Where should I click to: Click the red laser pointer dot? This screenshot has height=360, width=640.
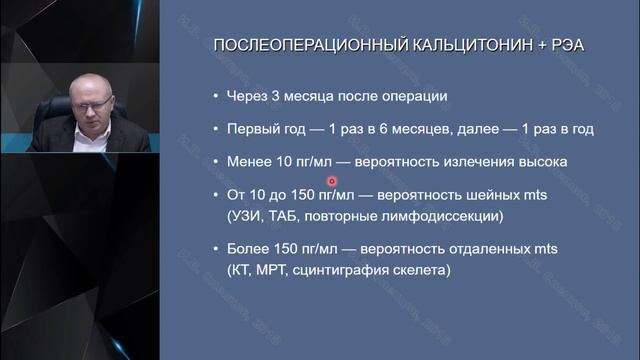coord(330,181)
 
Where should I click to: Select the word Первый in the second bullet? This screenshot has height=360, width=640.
coord(254,129)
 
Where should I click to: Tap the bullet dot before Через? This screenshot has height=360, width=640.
coord(216,98)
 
